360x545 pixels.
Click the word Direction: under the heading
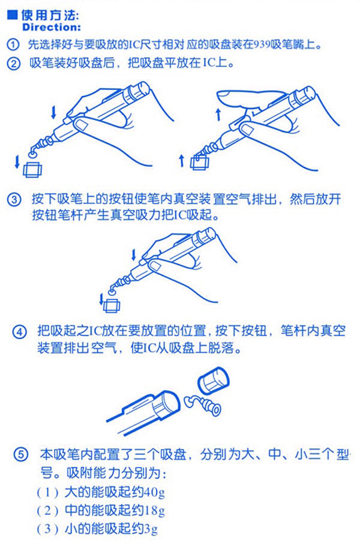tap(51, 28)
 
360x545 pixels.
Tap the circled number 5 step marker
tap(21, 455)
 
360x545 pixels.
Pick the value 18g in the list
tap(154, 511)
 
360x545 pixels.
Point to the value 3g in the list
tap(151, 530)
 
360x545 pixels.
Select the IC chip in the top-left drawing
tap(31, 169)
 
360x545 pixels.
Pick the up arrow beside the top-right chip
tap(182, 159)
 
